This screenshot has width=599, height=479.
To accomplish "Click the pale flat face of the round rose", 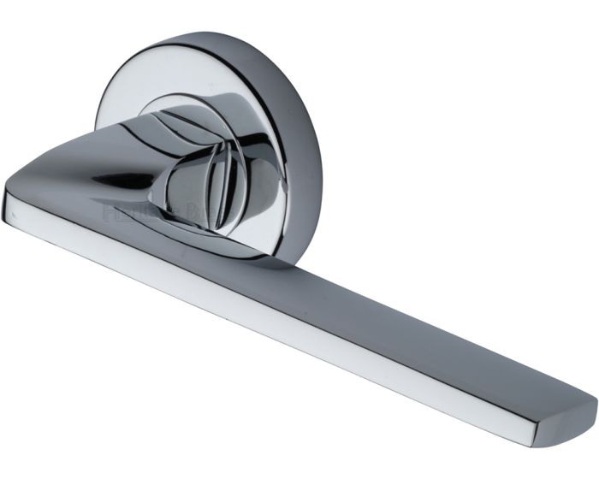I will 128,94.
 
